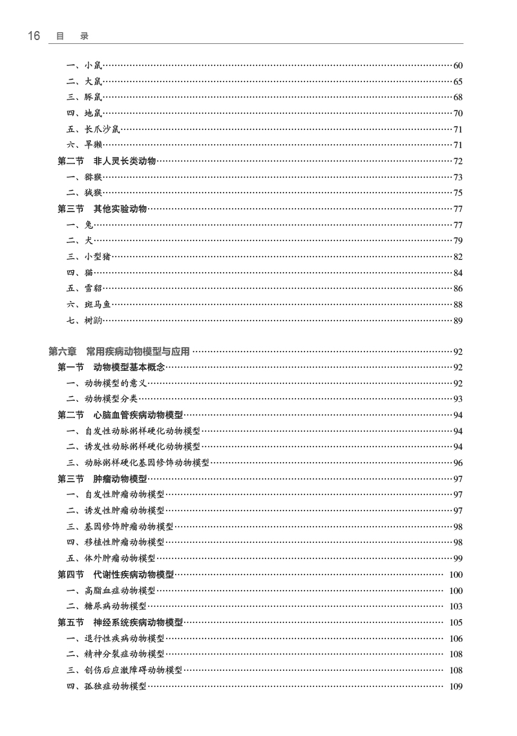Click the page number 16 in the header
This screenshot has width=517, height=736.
[34, 36]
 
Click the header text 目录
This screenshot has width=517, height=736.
[72, 36]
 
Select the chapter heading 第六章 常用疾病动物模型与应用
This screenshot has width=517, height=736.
[119, 352]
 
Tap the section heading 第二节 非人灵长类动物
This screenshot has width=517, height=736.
[107, 161]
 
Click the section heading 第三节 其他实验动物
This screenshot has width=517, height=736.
[102, 209]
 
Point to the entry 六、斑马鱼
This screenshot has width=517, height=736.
[89, 304]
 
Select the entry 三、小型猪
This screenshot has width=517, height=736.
[89, 257]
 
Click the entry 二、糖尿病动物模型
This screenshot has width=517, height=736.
[106, 606]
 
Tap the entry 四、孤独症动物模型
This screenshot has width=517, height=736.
[106, 686]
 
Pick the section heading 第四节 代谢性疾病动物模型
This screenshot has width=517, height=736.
[116, 574]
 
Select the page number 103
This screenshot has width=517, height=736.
[456, 607]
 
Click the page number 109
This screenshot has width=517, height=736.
[456, 686]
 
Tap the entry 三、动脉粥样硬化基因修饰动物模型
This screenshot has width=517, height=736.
[138, 463]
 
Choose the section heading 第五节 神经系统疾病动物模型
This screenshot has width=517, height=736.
[120, 623]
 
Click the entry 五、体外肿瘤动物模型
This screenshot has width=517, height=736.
[111, 559]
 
